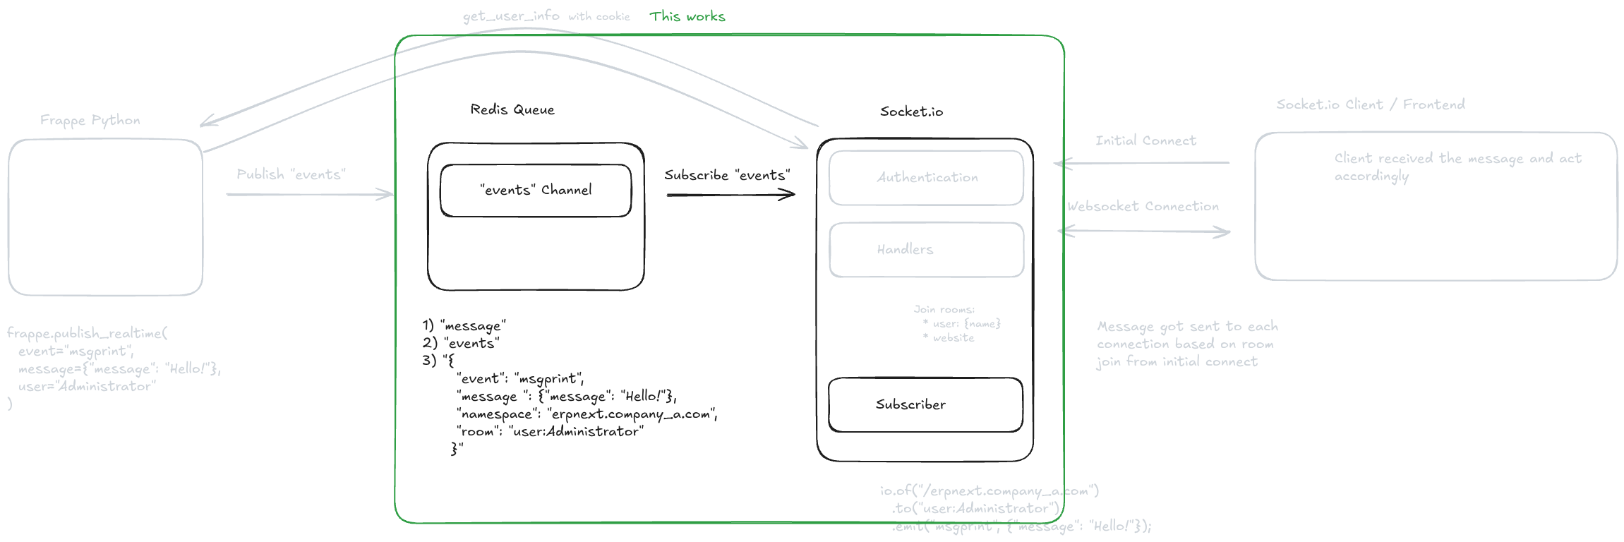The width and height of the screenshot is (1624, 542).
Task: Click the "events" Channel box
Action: (x=536, y=191)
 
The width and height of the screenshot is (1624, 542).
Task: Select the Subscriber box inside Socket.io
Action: (x=925, y=404)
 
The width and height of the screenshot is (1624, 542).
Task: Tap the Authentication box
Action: (x=926, y=178)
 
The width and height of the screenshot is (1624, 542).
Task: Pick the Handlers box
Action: (x=926, y=250)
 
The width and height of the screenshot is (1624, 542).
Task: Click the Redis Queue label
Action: (x=512, y=109)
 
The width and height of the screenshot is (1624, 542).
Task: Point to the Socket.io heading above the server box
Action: (x=911, y=112)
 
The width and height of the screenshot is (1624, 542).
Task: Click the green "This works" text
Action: (x=687, y=16)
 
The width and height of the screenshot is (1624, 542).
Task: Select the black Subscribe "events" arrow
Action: (x=730, y=194)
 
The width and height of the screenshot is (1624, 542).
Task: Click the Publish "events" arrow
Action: (x=309, y=194)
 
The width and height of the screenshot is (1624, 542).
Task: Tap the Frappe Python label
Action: (x=90, y=120)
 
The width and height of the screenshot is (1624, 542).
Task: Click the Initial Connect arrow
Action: (x=1142, y=163)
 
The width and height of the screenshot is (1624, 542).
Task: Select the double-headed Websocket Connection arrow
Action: (x=1144, y=231)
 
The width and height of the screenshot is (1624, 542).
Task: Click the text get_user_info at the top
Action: (x=511, y=16)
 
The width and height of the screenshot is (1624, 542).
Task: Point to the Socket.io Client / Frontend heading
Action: (x=1370, y=104)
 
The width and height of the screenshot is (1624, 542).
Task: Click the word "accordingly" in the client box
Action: (x=1371, y=176)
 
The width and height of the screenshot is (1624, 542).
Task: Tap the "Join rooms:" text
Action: (x=944, y=309)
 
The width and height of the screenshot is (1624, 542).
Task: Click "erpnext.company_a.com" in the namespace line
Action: (x=632, y=414)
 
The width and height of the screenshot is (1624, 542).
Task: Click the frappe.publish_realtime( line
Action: (x=87, y=333)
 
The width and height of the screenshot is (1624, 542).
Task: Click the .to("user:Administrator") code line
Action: (x=976, y=508)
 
